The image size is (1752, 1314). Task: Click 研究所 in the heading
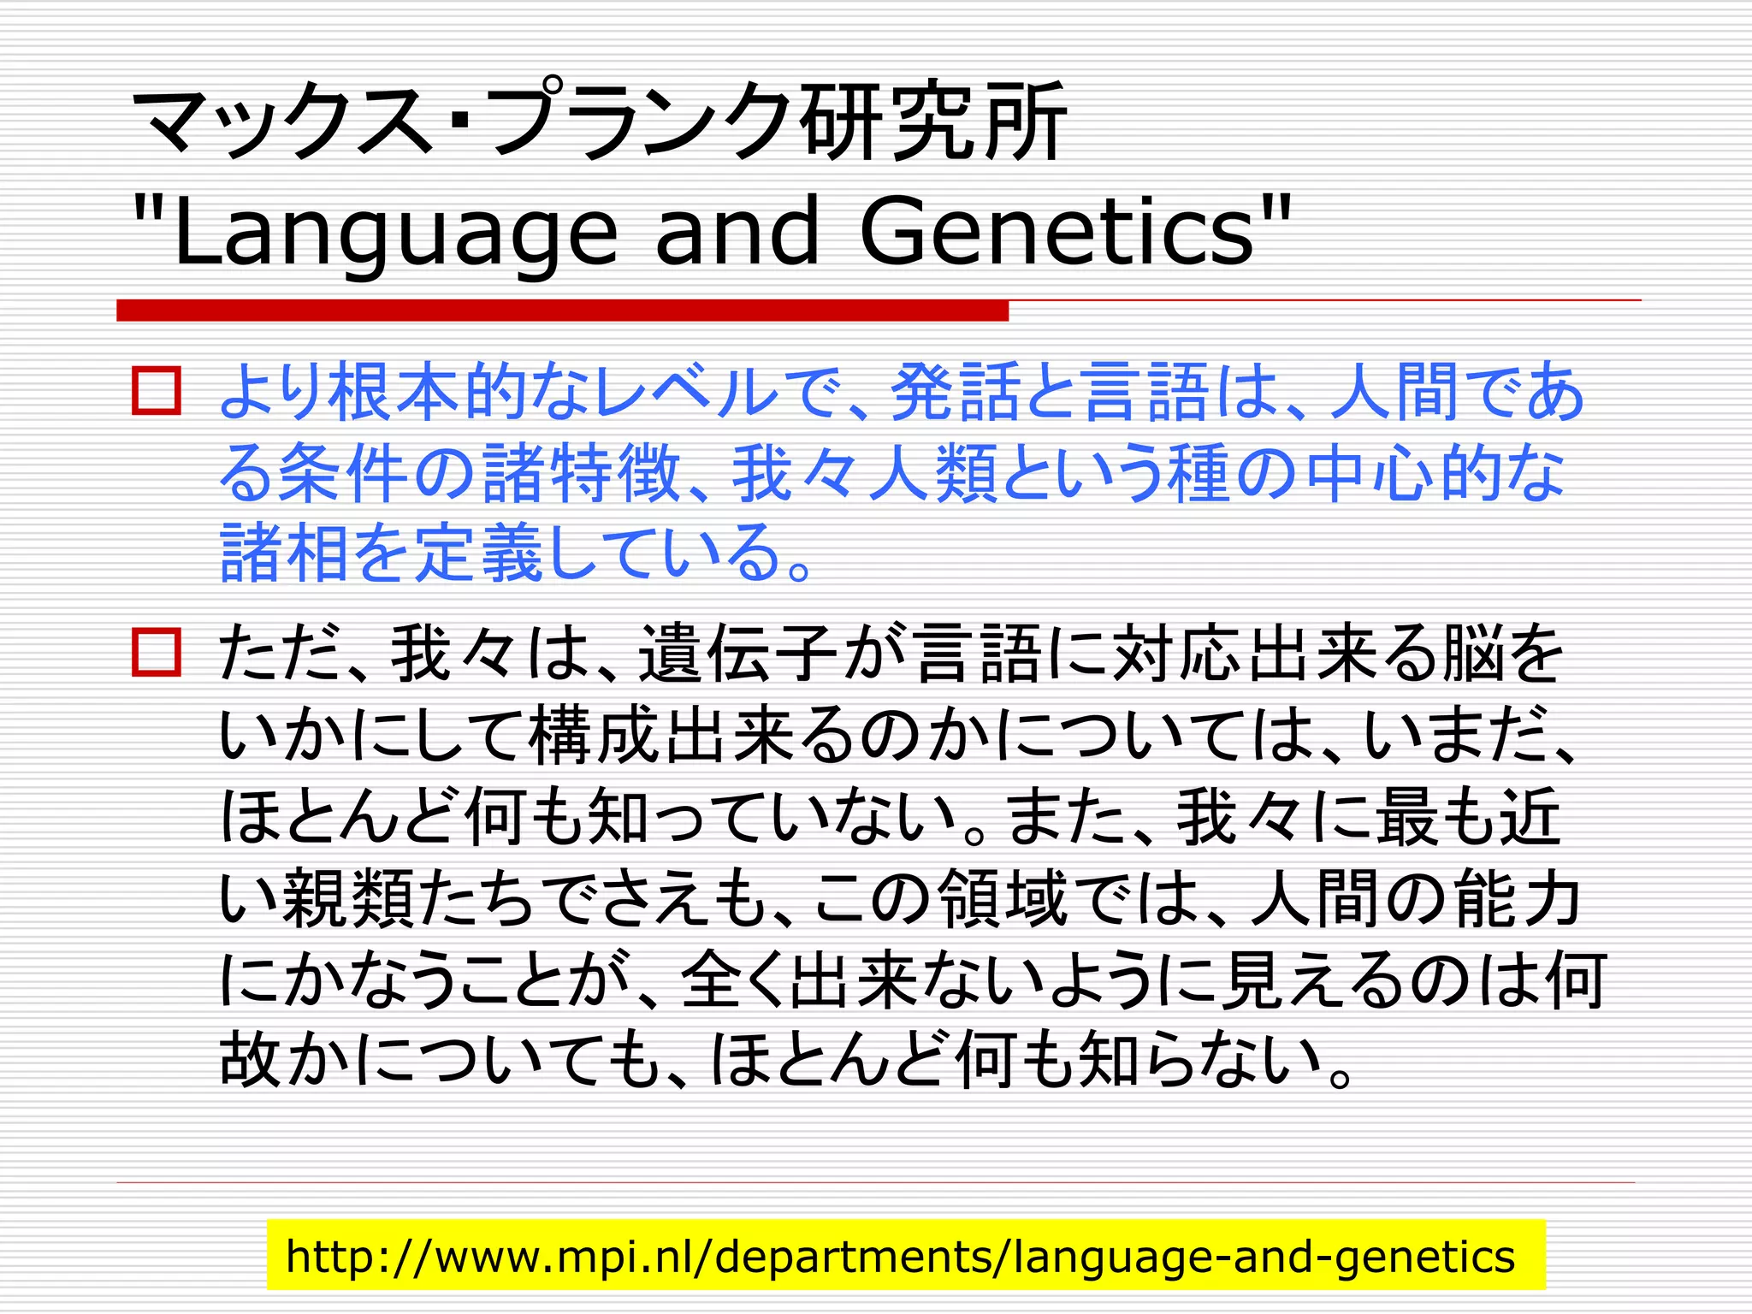(x=932, y=121)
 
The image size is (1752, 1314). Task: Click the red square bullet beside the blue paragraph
(x=157, y=392)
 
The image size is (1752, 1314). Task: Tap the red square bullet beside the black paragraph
(x=157, y=653)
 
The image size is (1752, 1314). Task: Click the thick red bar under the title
(x=562, y=311)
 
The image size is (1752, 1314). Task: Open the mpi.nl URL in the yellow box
(x=900, y=1256)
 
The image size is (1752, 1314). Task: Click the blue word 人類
(x=934, y=473)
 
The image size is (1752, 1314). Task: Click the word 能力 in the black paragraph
(x=1518, y=898)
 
